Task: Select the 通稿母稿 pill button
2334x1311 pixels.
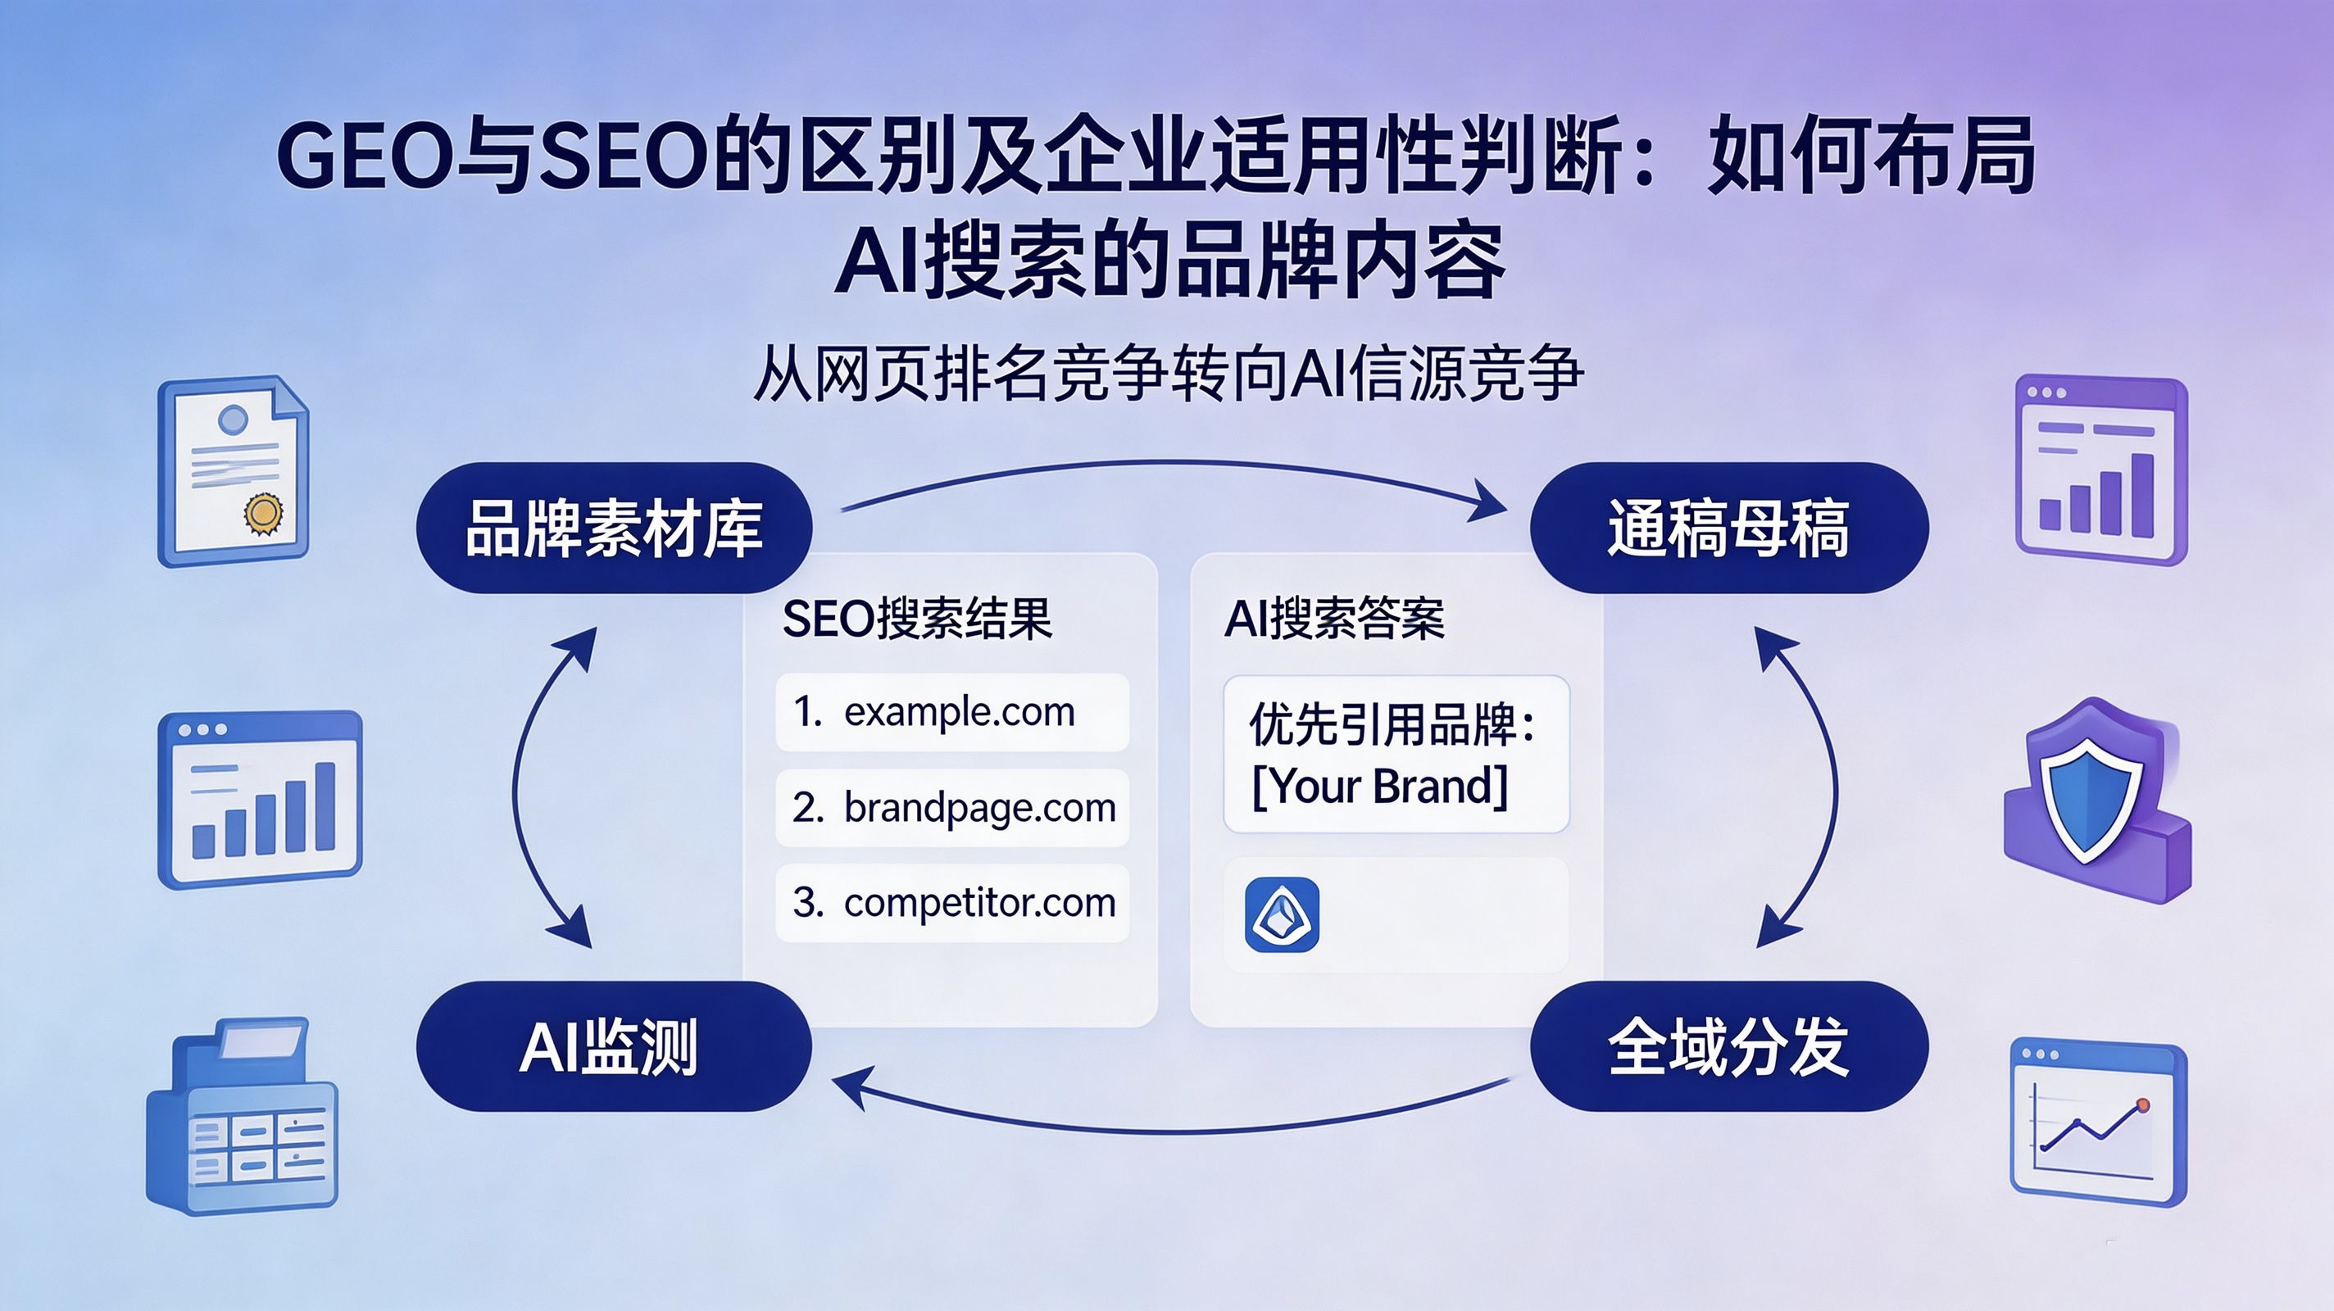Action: pyautogui.click(x=1728, y=528)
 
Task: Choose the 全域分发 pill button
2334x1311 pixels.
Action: pyautogui.click(x=1728, y=1046)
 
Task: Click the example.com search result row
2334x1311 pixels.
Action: pyautogui.click(x=952, y=712)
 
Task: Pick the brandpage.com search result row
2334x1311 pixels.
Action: pyautogui.click(x=952, y=807)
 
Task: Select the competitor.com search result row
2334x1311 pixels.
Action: pyautogui.click(x=952, y=902)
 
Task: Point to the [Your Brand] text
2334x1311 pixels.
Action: pyautogui.click(x=1380, y=786)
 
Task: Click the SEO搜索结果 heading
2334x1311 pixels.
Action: pyautogui.click(x=917, y=619)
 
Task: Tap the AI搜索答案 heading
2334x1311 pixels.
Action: pyautogui.click(x=1333, y=619)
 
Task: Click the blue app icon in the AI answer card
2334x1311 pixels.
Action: pyautogui.click(x=1282, y=914)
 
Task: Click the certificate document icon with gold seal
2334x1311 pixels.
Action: pyautogui.click(x=234, y=471)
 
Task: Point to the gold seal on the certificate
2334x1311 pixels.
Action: pyautogui.click(x=263, y=514)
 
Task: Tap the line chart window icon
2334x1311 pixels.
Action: pyautogui.click(x=2099, y=1123)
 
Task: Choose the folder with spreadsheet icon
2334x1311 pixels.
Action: pyautogui.click(x=242, y=1116)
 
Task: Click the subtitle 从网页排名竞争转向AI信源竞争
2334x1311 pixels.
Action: pyautogui.click(x=1168, y=372)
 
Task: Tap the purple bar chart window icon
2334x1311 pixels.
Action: pyautogui.click(x=2101, y=470)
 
